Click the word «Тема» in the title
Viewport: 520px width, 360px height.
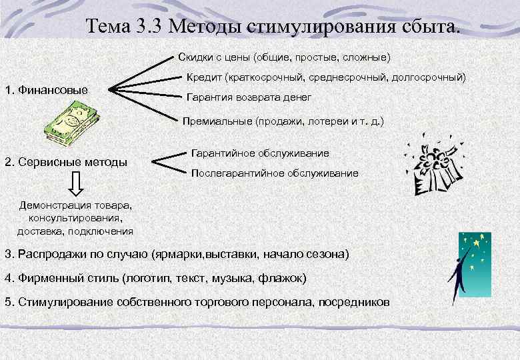click(x=111, y=27)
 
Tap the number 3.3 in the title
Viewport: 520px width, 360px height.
click(x=151, y=27)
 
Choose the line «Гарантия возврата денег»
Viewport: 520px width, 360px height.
click(x=249, y=97)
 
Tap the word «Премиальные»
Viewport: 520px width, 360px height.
click(x=217, y=121)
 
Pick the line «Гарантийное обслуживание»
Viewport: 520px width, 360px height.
click(x=259, y=153)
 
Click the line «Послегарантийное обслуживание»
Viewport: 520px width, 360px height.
click(x=274, y=173)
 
